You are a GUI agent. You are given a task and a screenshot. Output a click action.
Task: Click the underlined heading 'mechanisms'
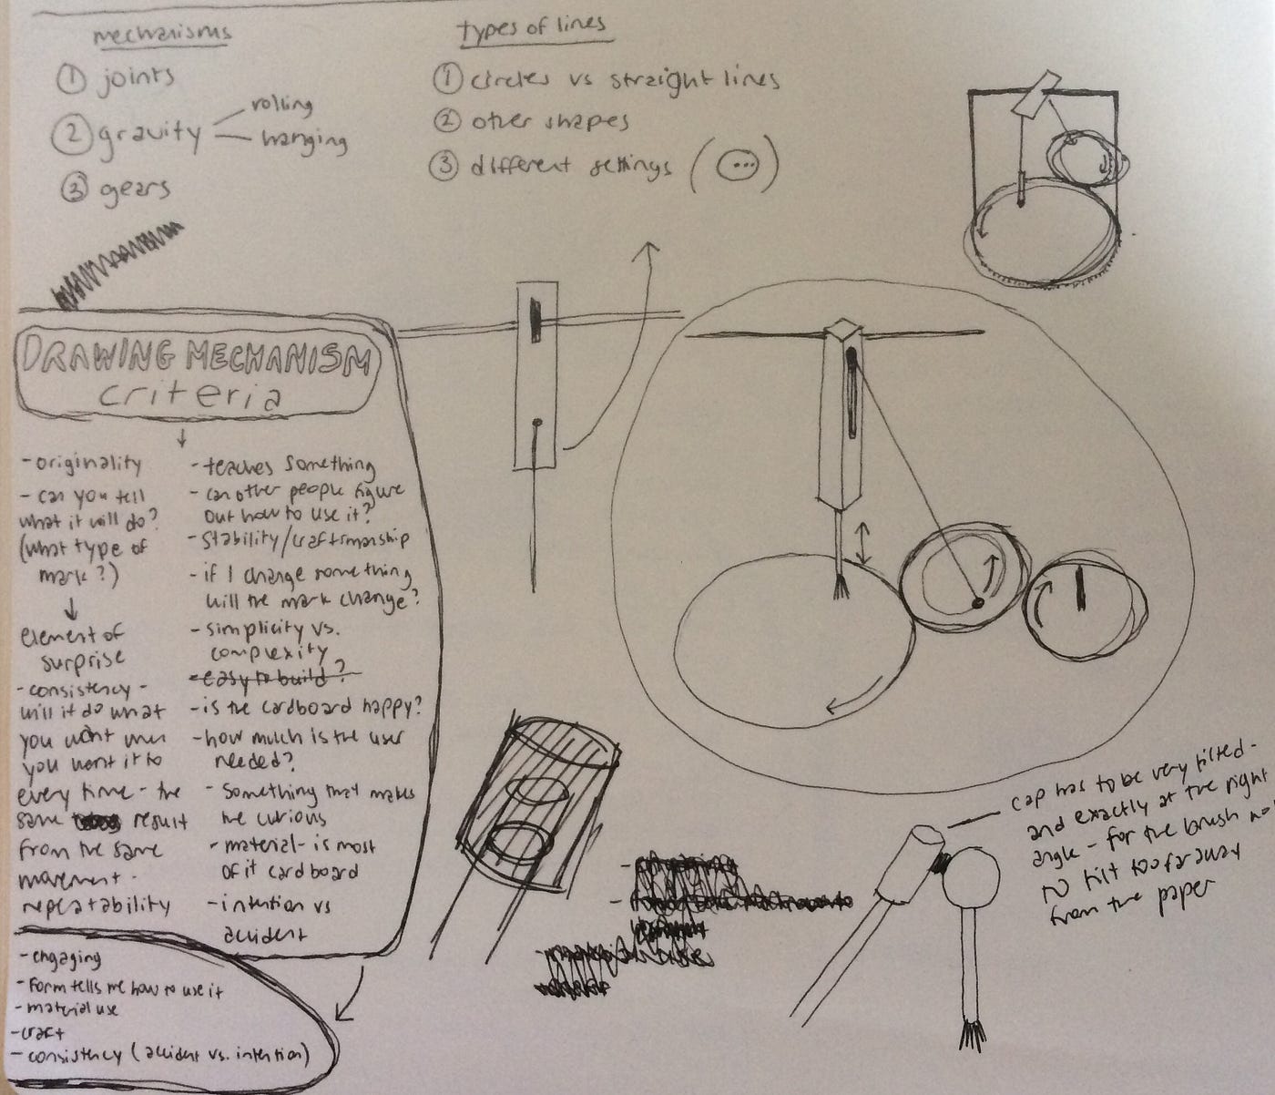click(x=162, y=34)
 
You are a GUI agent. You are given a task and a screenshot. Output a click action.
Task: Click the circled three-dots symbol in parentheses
click(x=736, y=166)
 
